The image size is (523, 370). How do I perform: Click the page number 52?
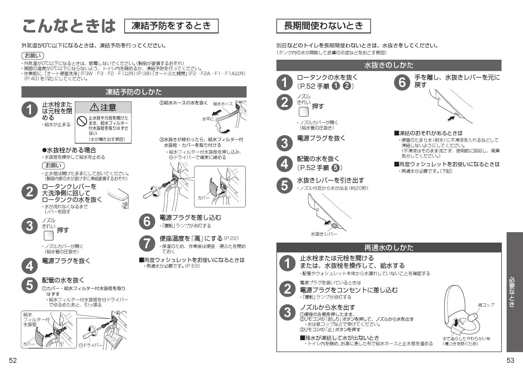13,360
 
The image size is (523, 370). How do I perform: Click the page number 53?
510,360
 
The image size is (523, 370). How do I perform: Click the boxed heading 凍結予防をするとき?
171,26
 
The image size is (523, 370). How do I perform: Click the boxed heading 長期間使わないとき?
324,26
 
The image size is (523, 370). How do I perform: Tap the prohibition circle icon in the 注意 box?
81,121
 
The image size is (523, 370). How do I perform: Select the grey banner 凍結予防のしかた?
134,92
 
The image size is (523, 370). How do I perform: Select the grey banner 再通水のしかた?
389,248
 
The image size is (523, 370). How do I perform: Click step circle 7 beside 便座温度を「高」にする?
147,243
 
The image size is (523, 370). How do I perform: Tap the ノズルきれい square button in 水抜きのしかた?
304,112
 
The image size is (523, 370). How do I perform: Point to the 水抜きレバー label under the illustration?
324,234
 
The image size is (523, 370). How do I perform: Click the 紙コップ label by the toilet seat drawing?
486,305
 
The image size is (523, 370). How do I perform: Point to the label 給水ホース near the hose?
223,104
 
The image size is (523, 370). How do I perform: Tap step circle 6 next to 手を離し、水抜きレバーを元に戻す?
402,82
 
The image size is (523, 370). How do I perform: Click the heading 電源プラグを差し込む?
191,218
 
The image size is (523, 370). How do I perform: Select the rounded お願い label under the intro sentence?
33,55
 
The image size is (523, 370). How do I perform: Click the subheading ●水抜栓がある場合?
69,150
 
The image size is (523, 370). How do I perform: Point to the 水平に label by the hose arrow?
208,119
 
